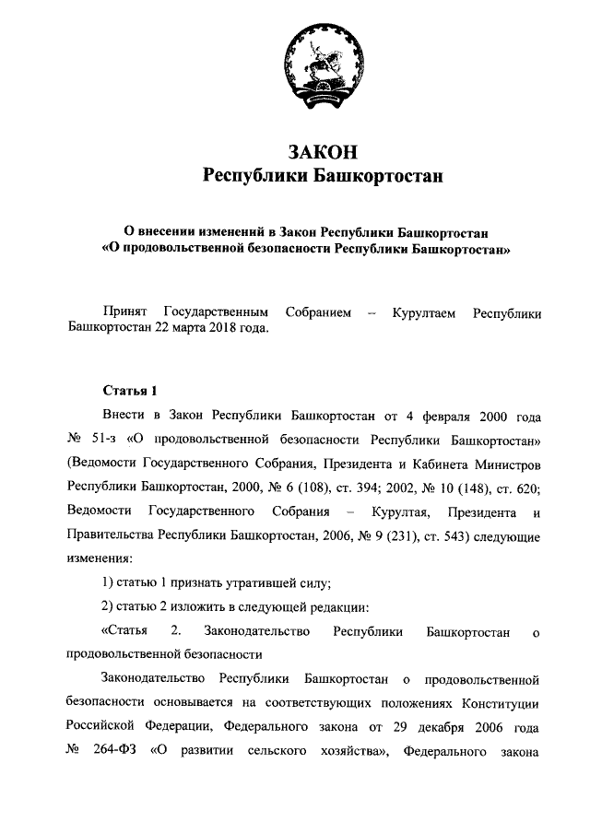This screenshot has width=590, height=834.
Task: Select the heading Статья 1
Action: [x=130, y=391]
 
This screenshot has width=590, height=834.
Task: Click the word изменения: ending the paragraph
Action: [x=100, y=558]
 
